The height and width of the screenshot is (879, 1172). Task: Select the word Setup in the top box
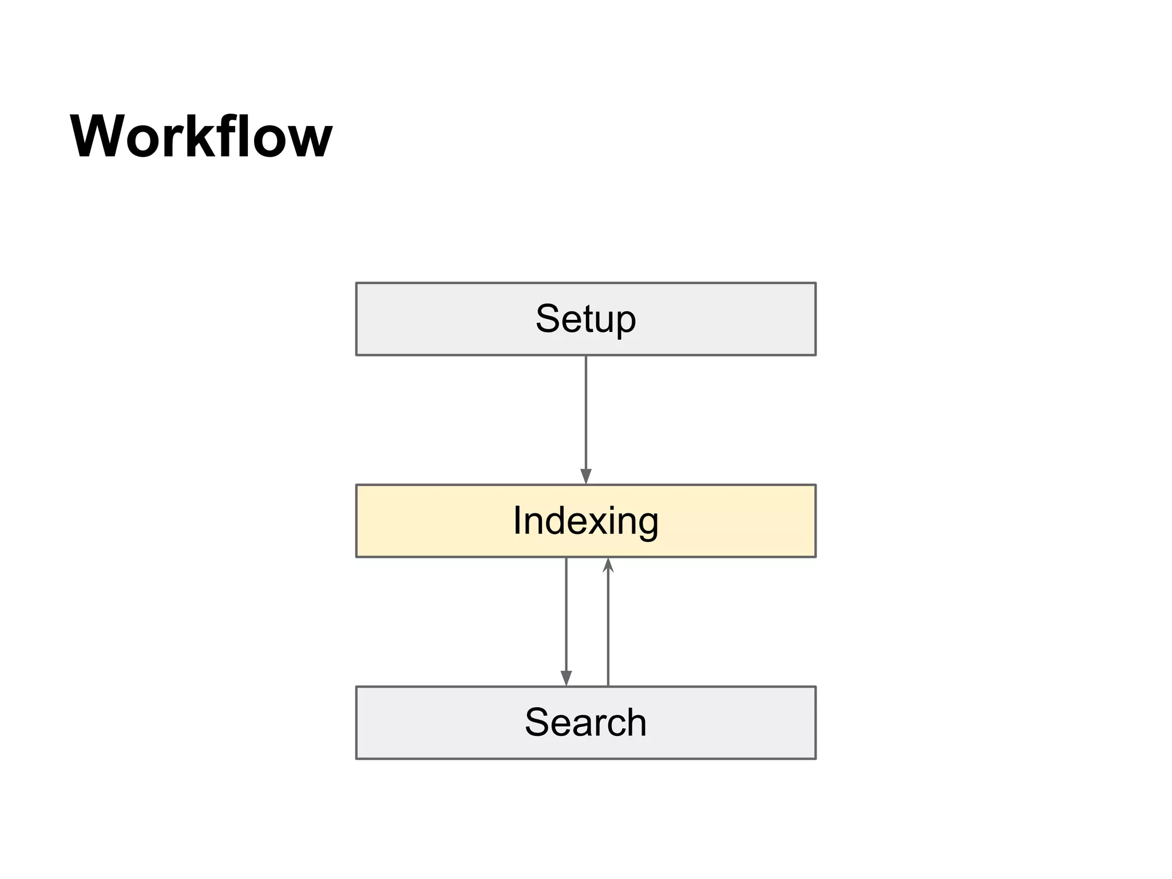coord(585,319)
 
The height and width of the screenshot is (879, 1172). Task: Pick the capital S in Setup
coord(548,318)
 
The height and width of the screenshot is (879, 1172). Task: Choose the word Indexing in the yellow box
coord(585,521)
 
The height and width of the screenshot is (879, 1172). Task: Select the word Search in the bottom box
coord(585,722)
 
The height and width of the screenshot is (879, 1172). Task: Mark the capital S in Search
coord(537,722)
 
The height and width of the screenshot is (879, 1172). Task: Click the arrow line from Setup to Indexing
coord(585,412)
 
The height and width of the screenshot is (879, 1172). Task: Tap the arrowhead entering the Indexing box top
coord(585,476)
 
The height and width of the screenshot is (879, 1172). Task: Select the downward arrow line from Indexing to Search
coord(566,612)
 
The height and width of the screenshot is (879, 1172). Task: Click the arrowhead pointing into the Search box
coord(566,678)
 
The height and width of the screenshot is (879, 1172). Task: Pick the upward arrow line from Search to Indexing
coord(608,629)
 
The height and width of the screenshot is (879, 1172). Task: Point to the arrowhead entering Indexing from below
coord(608,565)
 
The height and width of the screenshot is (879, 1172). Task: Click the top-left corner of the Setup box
coord(357,283)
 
